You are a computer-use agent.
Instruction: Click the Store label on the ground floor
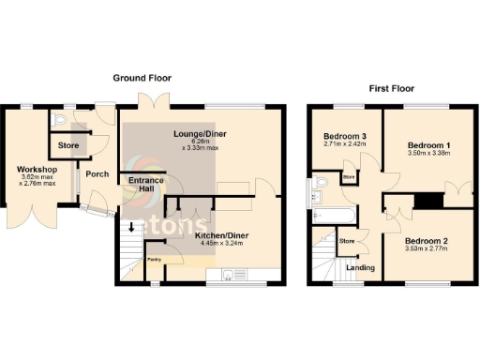click(x=68, y=146)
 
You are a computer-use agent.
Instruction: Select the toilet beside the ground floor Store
click(x=59, y=120)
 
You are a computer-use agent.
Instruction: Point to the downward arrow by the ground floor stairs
click(x=130, y=226)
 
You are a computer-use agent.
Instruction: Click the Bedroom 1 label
click(x=429, y=146)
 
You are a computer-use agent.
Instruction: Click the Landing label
click(x=360, y=268)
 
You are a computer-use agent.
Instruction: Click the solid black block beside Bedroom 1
click(x=430, y=201)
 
